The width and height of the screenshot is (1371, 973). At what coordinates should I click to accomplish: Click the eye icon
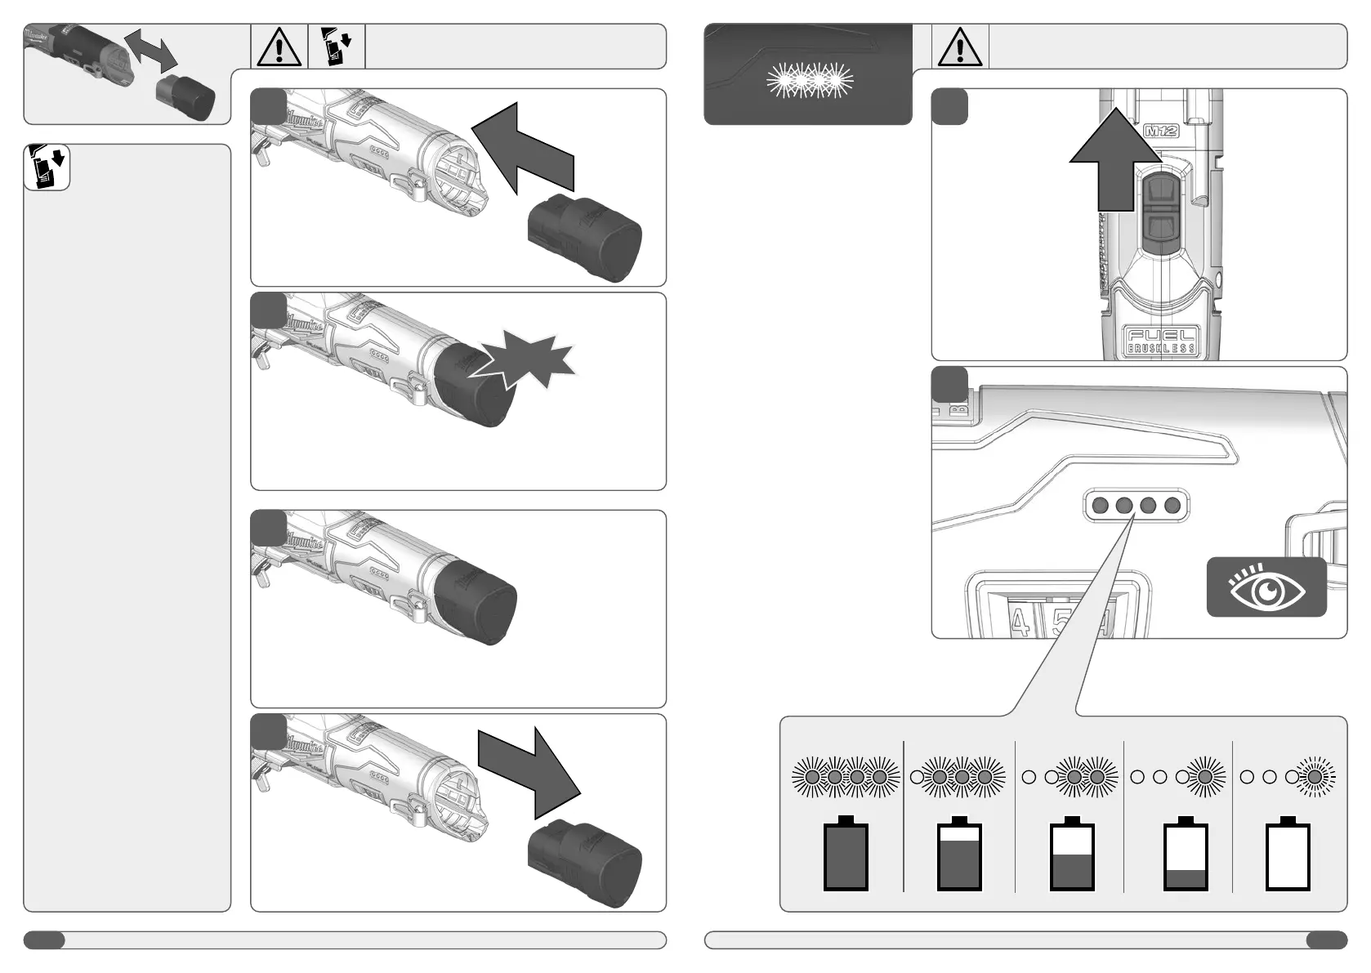pyautogui.click(x=1266, y=588)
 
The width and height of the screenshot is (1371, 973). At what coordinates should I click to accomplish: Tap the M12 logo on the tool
pyautogui.click(x=1161, y=130)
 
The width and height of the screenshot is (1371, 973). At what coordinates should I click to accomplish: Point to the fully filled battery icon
pyautogui.click(x=846, y=855)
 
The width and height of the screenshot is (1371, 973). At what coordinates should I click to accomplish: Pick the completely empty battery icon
pyautogui.click(x=1288, y=855)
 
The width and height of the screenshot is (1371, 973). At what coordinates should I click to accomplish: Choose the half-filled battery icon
pyautogui.click(x=1071, y=855)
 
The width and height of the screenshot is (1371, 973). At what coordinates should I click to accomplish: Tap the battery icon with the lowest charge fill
pyautogui.click(x=1185, y=855)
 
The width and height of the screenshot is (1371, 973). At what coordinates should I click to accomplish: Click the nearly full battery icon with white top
pyautogui.click(x=959, y=855)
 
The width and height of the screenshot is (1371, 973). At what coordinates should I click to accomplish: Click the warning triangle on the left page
pyautogui.click(x=279, y=47)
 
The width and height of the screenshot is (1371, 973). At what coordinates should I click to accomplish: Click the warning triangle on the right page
pyautogui.click(x=960, y=47)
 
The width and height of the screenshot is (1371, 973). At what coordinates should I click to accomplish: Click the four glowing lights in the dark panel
pyautogui.click(x=810, y=80)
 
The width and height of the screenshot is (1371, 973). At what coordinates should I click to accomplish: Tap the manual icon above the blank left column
pyautogui.click(x=47, y=167)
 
